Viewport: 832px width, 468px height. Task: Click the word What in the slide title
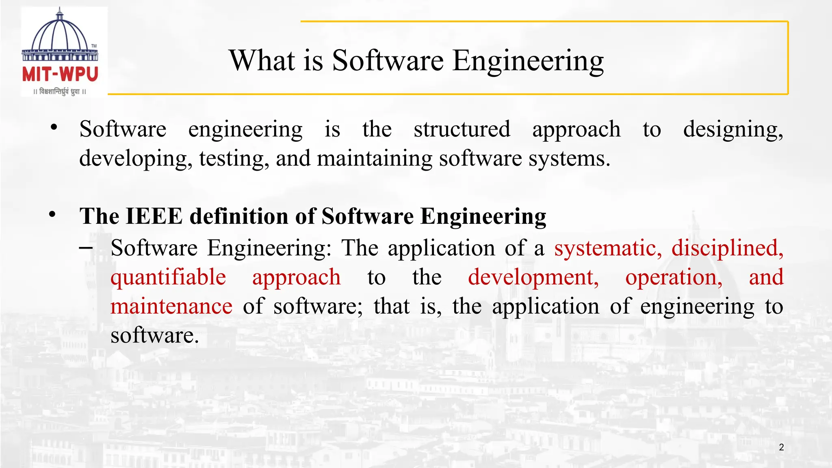(x=262, y=61)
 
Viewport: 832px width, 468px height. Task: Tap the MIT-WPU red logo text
(x=60, y=75)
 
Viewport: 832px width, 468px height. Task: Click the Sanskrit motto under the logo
(x=60, y=91)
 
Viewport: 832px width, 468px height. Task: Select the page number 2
(x=781, y=447)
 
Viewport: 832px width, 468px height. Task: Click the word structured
(x=462, y=129)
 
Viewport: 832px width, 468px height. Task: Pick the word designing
(x=733, y=130)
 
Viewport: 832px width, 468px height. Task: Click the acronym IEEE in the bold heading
(x=154, y=216)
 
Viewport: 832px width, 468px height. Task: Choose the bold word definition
(x=239, y=216)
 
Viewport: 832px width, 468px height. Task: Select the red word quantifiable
(x=168, y=277)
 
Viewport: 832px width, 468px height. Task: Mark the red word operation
(x=674, y=277)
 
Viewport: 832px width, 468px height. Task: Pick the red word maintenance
(x=171, y=306)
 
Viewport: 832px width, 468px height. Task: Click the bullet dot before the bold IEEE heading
(x=52, y=214)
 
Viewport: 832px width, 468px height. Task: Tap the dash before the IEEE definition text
(x=86, y=247)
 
